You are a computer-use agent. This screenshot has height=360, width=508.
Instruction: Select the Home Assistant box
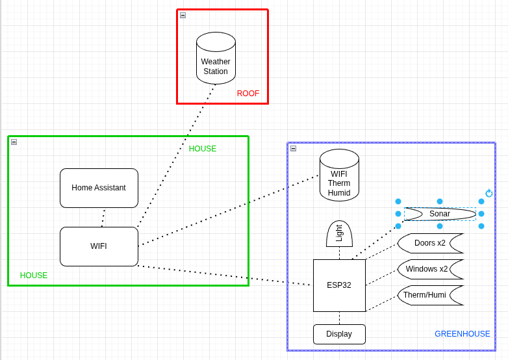[99, 188]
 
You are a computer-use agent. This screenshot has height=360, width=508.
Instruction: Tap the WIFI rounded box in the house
[99, 246]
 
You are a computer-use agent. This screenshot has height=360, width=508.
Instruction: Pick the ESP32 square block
[339, 285]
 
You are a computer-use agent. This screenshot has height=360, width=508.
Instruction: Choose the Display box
[339, 334]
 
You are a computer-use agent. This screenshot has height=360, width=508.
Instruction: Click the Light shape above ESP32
[339, 234]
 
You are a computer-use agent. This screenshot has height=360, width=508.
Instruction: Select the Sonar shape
[440, 214]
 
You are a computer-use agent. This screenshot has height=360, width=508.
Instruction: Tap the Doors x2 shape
[430, 243]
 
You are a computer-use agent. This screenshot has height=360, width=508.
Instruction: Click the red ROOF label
[248, 94]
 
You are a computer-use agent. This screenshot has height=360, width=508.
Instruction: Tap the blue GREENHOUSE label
[463, 334]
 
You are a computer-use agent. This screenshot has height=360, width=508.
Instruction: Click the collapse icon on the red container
[183, 15]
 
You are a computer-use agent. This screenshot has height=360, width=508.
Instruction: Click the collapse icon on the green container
[14, 142]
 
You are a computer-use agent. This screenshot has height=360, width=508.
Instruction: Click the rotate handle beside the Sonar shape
[489, 193]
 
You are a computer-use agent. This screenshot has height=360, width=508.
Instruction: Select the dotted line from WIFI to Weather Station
[175, 156]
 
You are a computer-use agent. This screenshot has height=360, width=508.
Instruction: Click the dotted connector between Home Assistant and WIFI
[103, 218]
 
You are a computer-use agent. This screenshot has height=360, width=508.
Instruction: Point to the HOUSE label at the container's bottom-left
[34, 276]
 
